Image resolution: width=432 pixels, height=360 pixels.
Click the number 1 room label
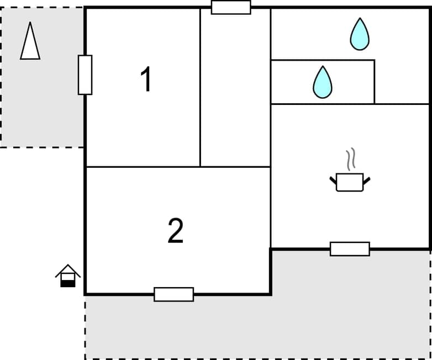coord(145,80)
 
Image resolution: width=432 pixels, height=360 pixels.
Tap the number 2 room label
coord(175,231)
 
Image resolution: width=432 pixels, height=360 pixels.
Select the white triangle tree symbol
coord(30,41)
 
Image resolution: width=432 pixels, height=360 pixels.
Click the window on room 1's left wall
coord(85,75)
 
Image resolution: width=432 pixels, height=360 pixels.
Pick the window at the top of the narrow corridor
coord(231,7)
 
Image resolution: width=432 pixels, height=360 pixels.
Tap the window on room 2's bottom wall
coord(173,294)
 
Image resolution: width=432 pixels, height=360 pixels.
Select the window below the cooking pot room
coord(350,249)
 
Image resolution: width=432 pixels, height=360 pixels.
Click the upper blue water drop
coord(360,34)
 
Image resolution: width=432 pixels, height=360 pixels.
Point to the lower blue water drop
coord(323,82)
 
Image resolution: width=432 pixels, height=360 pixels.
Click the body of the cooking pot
coord(350,182)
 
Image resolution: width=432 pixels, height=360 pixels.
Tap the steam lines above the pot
coord(350,160)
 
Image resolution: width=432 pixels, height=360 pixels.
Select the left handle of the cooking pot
coord(333,179)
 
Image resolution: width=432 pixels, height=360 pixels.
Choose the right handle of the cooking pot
coord(366,179)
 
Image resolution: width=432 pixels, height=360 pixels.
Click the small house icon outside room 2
coord(67,276)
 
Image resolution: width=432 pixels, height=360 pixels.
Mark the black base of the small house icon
coord(67,283)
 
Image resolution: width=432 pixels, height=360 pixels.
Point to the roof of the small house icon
coord(67,269)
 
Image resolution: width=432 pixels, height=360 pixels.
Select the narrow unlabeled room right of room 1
coord(235,88)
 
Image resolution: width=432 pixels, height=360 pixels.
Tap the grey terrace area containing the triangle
coord(41,99)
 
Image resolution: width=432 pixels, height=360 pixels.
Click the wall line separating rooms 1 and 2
coord(143,166)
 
